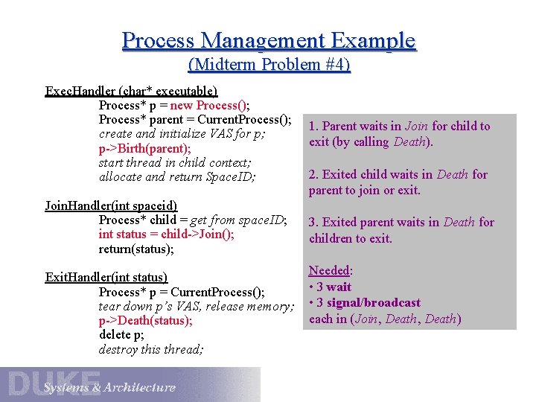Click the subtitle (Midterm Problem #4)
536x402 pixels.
point(269,65)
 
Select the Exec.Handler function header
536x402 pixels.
point(132,91)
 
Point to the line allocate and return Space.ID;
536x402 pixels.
point(177,176)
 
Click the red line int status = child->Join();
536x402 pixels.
point(167,234)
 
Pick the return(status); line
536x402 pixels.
point(136,249)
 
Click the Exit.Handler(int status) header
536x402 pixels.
point(106,278)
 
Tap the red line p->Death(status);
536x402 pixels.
point(145,321)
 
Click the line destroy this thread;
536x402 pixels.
point(150,349)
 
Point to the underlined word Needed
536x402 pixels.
point(330,271)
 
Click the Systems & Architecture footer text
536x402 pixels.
point(109,387)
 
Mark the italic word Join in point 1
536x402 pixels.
point(416,127)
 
